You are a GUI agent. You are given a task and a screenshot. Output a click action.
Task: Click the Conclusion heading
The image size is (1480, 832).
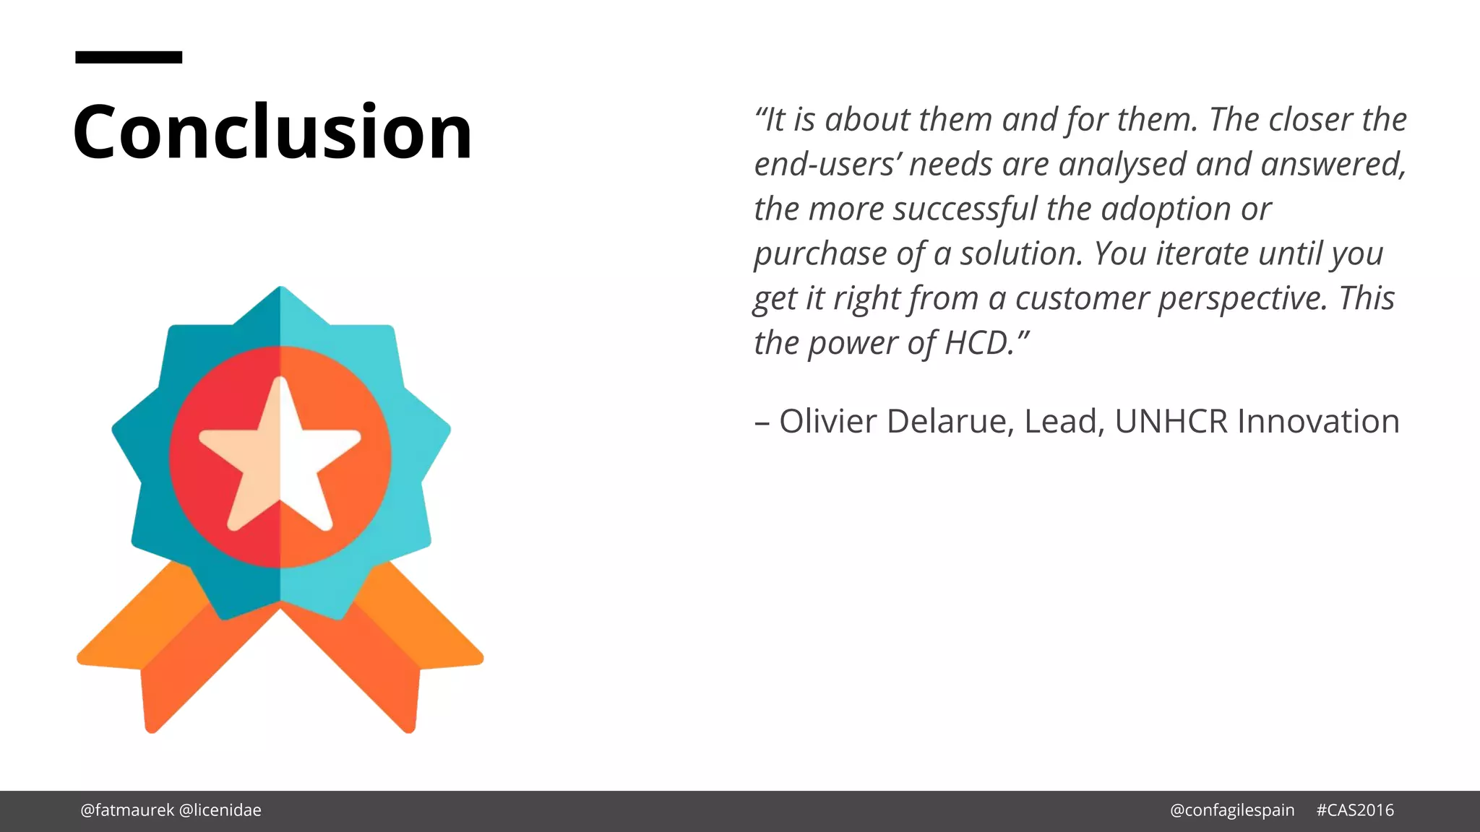[x=272, y=131]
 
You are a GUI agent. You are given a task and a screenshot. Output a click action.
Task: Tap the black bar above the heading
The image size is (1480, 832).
[x=129, y=57]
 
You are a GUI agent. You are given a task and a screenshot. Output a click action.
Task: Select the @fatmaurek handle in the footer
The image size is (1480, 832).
[x=127, y=810]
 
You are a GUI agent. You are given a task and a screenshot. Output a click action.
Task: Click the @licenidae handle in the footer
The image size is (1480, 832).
[x=220, y=810]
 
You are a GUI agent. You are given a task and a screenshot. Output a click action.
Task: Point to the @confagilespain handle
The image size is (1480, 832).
[x=1232, y=810]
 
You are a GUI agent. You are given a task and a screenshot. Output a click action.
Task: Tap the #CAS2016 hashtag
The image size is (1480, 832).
[x=1355, y=810]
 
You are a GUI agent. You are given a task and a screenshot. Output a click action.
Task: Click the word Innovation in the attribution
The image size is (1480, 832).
[x=1318, y=421]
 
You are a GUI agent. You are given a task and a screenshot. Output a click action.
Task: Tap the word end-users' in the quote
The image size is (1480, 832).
[x=828, y=165]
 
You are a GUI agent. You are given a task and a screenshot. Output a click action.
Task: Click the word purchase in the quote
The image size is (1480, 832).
[x=821, y=255]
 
